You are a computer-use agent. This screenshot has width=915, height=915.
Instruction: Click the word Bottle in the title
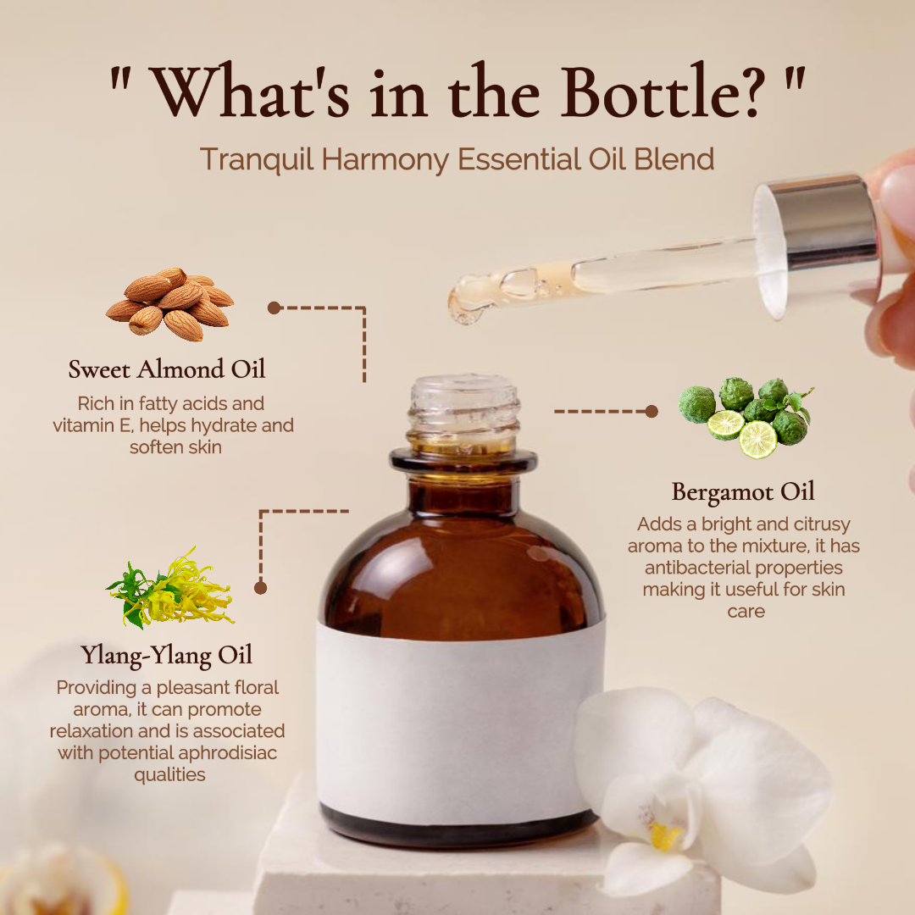[663, 91]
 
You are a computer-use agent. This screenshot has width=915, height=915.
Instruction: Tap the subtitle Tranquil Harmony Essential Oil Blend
[457, 159]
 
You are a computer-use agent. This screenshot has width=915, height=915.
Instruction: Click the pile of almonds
[169, 304]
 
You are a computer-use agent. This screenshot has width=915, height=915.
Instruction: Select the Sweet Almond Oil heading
[167, 369]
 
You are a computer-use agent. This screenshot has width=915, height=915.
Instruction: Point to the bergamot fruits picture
[746, 417]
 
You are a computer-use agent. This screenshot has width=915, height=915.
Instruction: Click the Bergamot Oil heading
[743, 492]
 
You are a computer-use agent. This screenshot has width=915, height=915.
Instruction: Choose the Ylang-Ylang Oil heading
[167, 655]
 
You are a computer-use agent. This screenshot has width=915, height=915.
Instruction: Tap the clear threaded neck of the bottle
[464, 412]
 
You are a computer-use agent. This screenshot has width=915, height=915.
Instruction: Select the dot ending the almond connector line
[274, 308]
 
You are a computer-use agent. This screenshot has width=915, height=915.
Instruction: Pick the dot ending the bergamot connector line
[652, 412]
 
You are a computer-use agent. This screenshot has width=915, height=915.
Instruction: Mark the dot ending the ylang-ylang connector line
[261, 588]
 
